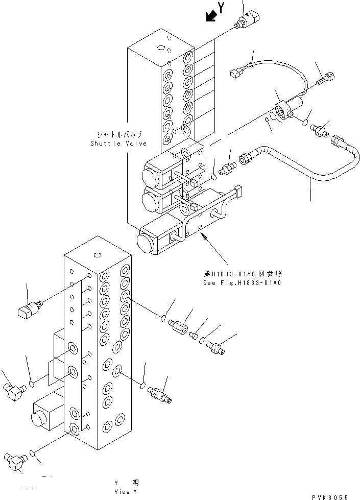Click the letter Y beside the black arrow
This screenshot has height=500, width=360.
pyautogui.click(x=221, y=7)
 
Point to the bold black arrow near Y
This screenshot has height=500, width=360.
pyautogui.click(x=209, y=17)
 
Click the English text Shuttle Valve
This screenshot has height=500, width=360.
pyautogui.click(x=118, y=144)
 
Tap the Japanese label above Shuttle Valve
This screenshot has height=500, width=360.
pyautogui.click(x=119, y=135)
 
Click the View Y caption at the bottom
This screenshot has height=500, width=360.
pyautogui.click(x=126, y=491)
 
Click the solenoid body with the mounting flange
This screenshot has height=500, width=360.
pyautogui.click(x=286, y=109)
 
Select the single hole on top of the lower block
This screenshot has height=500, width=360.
pyautogui.click(x=97, y=254)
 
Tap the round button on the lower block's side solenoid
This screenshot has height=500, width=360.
pyautogui.click(x=37, y=418)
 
